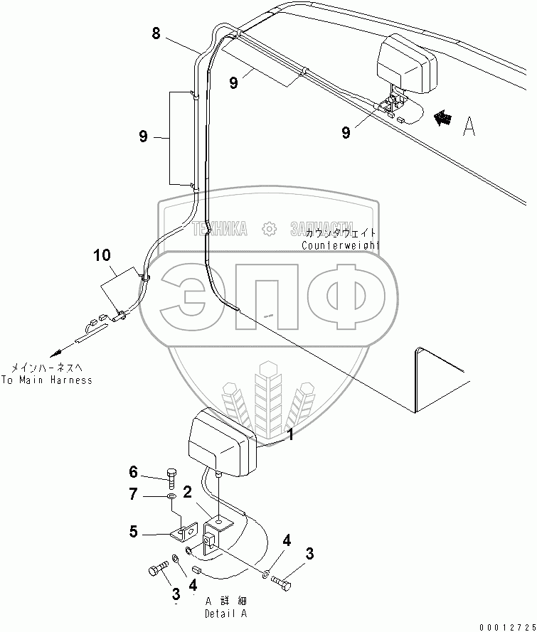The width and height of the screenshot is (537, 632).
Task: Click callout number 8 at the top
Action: (157, 32)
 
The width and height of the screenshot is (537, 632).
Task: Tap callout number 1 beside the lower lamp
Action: (289, 435)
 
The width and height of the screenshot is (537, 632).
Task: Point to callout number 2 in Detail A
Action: (187, 492)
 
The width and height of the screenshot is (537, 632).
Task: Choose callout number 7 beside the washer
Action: (132, 494)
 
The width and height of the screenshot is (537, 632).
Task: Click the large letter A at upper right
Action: (468, 127)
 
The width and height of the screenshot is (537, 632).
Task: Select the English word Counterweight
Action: (341, 245)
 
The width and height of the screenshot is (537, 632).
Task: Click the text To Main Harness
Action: (46, 380)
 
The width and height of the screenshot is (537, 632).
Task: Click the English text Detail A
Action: (225, 613)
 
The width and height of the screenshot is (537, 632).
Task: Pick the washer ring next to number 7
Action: (172, 496)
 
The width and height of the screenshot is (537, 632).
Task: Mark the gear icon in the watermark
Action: (268, 228)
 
